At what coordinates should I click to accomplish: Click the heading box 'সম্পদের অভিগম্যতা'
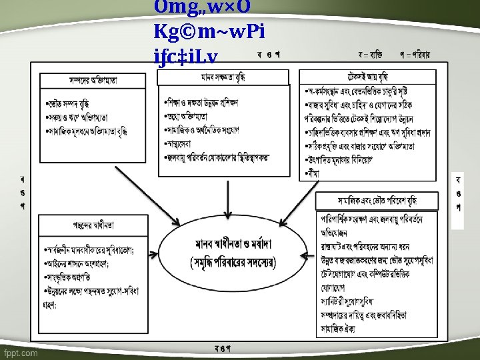pyautogui.click(x=93, y=81)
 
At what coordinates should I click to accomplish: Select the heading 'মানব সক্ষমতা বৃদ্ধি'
pyautogui.click(x=223, y=77)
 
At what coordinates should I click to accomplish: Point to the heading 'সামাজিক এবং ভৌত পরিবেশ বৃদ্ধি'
pyautogui.click(x=377, y=200)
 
